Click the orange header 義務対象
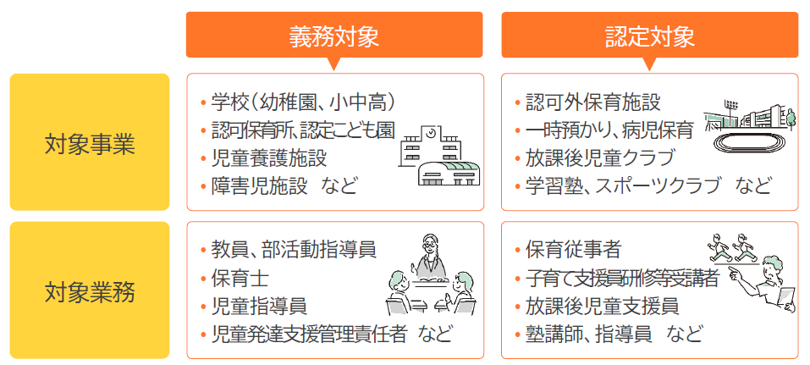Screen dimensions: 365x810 coord(333,36)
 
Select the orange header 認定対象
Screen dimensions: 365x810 coord(649,36)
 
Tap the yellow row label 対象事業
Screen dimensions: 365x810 coord(90,143)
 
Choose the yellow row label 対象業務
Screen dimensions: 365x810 coord(90,290)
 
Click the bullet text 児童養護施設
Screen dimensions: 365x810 coord(268,158)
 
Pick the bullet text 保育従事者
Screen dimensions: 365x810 coord(573,250)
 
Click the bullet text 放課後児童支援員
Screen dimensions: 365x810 coord(602,304)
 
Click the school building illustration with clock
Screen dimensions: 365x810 coord(441,156)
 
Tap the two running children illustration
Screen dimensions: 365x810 coord(732,247)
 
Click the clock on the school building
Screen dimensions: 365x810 coord(429,133)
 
